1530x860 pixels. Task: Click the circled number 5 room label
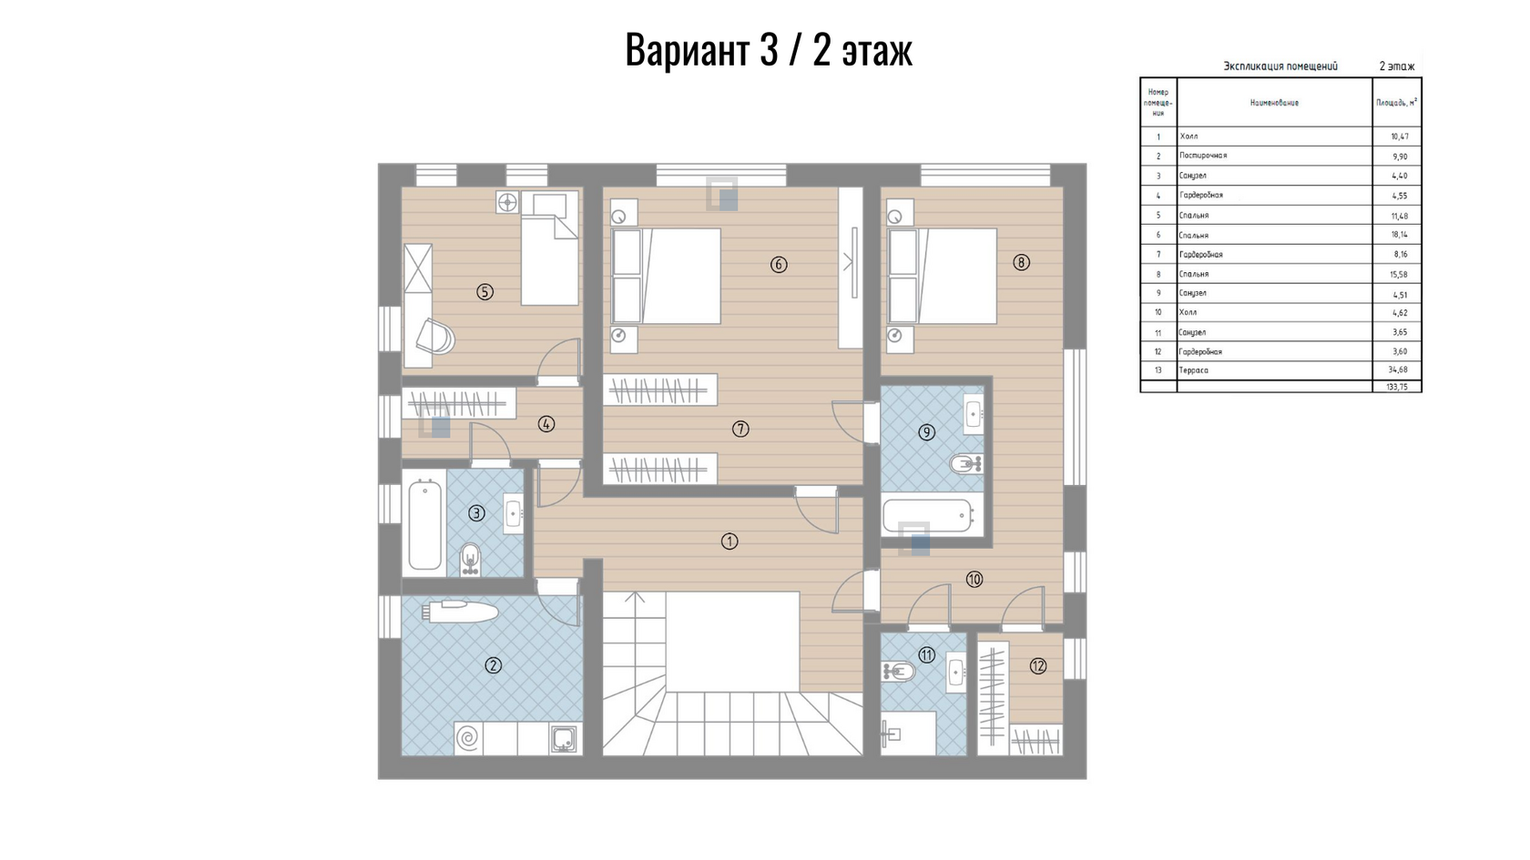pyautogui.click(x=484, y=292)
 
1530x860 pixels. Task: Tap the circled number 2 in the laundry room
pyautogui.click(x=493, y=665)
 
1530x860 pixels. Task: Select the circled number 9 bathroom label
pyautogui.click(x=926, y=432)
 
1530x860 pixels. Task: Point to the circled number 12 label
pyautogui.click(x=1037, y=666)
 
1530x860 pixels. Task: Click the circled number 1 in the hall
pyautogui.click(x=729, y=541)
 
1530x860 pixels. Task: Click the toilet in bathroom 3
pyautogui.click(x=470, y=559)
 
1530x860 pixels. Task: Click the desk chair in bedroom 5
pyautogui.click(x=436, y=336)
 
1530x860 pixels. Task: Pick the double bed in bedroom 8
pyautogui.click(x=942, y=276)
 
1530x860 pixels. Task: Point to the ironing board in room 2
pyautogui.click(x=460, y=611)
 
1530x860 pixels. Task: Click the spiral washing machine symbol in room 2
pyautogui.click(x=468, y=738)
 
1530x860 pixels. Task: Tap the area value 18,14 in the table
pyautogui.click(x=1399, y=235)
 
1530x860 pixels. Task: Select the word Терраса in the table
pyautogui.click(x=1193, y=369)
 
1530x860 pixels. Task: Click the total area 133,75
pyautogui.click(x=1397, y=387)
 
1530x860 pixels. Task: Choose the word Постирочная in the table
pyautogui.click(x=1203, y=156)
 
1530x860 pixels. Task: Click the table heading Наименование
pyautogui.click(x=1274, y=103)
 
